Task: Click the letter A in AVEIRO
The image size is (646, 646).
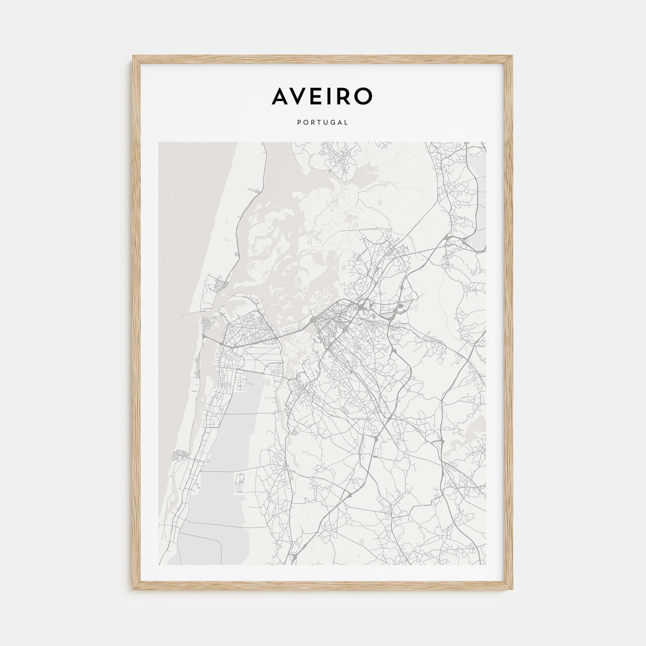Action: (x=281, y=96)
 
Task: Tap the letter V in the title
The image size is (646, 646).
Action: (x=304, y=96)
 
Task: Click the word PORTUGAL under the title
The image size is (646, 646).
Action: (x=323, y=122)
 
